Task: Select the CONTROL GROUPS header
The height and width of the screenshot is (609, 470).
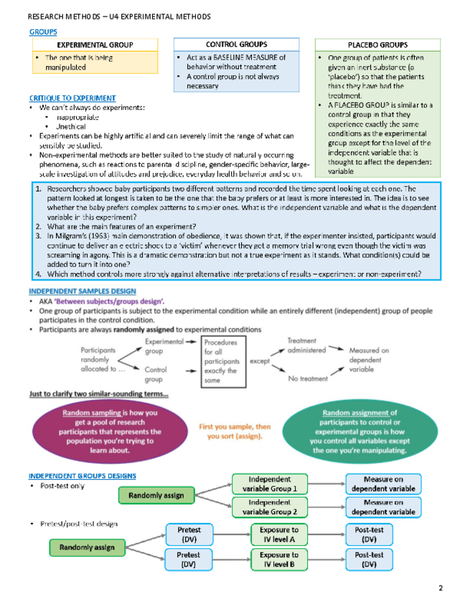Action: (236, 45)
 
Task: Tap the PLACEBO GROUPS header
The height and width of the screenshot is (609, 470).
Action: (377, 45)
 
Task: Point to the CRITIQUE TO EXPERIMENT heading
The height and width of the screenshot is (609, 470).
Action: (72, 98)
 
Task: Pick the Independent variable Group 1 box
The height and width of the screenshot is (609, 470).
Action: (270, 484)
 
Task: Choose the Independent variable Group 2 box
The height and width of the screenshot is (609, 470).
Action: (270, 507)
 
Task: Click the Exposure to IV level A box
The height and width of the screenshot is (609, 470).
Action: (279, 534)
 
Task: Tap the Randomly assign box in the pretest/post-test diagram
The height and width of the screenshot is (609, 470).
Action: (87, 547)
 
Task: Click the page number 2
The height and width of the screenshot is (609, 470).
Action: (441, 589)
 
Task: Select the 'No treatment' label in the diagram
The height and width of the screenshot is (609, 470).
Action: (309, 378)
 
